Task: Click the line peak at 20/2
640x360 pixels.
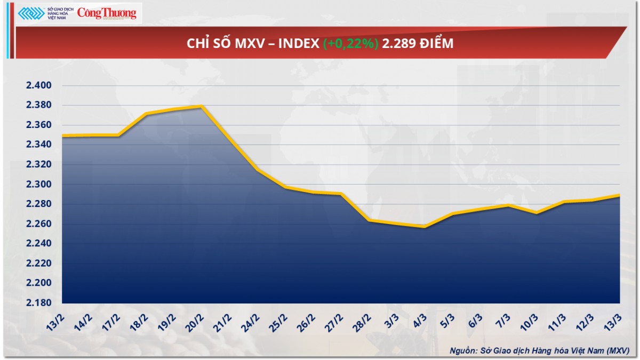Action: (202, 107)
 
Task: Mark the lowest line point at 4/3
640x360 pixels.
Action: (425, 227)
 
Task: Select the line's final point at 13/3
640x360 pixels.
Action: (619, 195)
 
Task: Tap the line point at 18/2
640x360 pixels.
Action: (146, 114)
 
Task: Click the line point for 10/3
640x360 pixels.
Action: (536, 213)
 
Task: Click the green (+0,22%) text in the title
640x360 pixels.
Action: (350, 44)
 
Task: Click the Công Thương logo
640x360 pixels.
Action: (107, 13)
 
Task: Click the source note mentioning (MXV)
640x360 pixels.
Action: (539, 350)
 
